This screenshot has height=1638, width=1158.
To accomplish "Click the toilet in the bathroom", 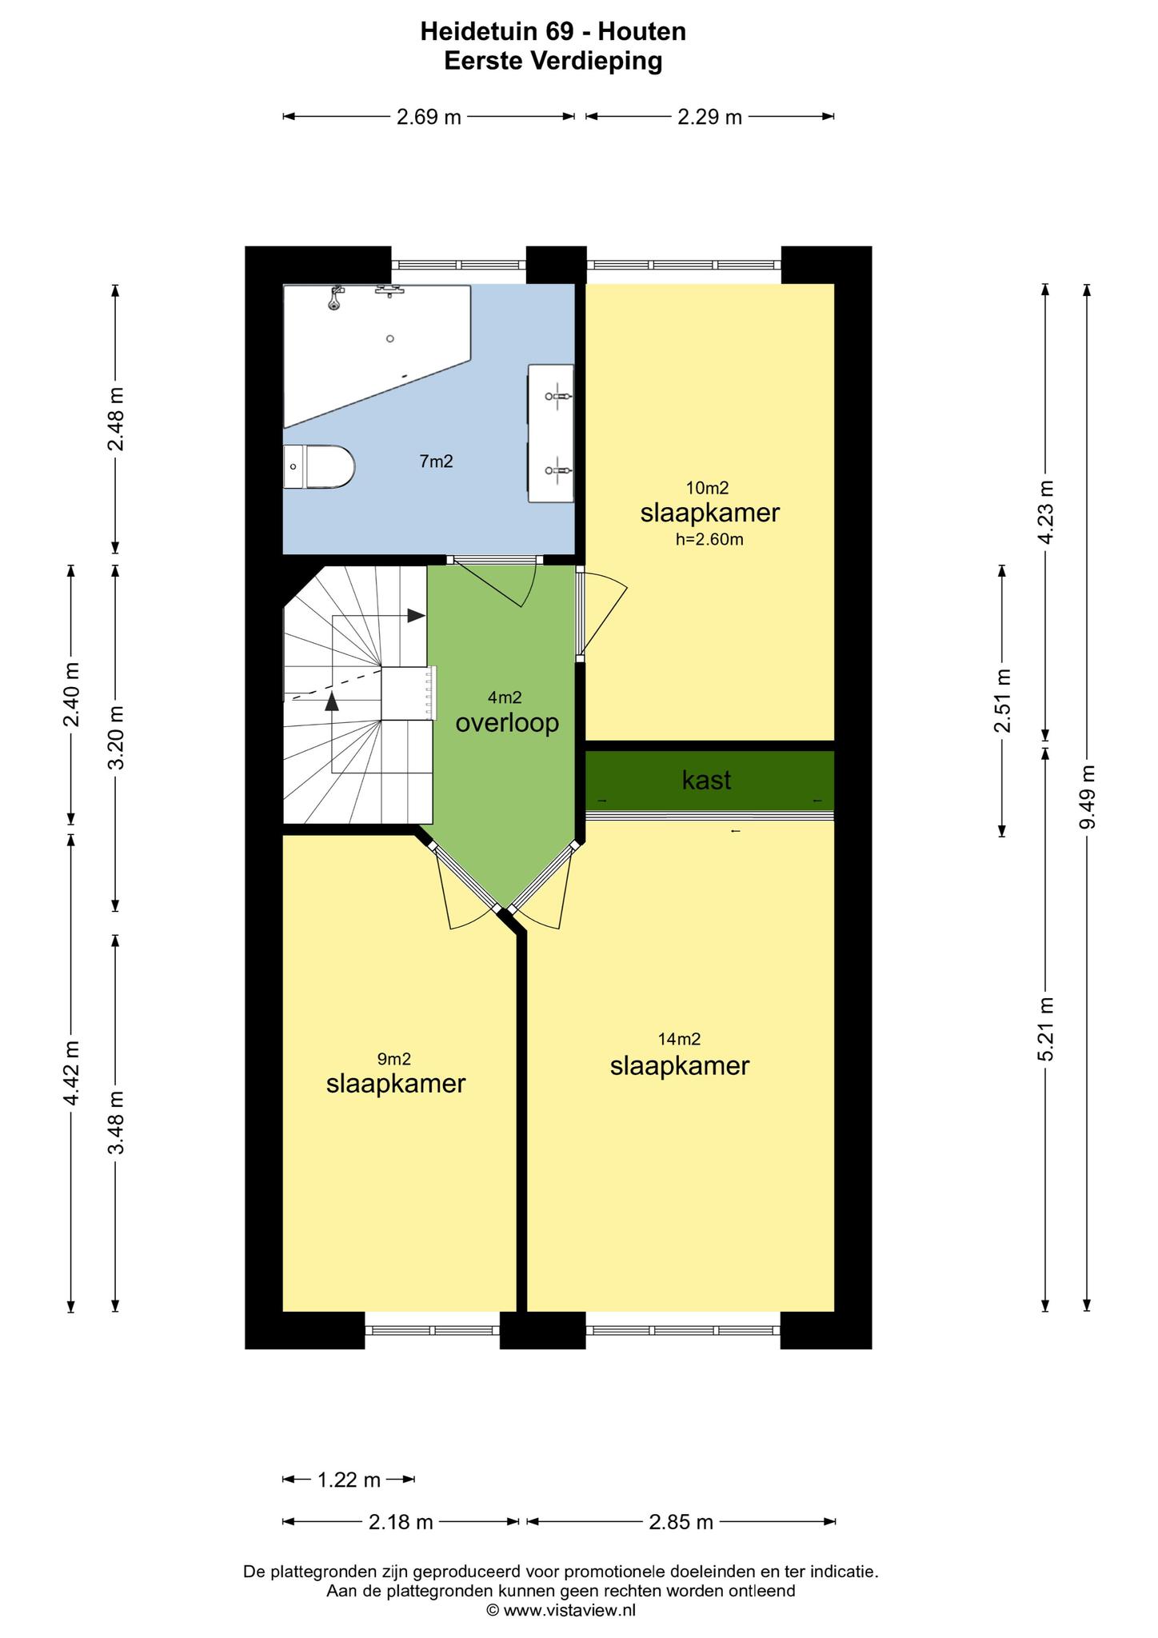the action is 318,466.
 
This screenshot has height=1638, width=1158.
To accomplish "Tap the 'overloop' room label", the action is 507,724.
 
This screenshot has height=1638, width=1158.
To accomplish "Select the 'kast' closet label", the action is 706,780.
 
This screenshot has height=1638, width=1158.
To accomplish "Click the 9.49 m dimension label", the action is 1087,797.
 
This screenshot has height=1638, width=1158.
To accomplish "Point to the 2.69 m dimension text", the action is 429,118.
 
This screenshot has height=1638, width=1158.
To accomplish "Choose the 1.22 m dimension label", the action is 349,1480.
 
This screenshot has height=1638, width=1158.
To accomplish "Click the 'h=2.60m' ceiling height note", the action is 709,539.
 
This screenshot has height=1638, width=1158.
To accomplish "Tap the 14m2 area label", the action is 679,1039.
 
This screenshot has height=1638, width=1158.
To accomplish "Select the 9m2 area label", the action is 394,1059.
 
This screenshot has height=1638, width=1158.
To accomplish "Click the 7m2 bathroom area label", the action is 437,461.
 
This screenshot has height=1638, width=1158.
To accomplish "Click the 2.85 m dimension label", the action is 681,1521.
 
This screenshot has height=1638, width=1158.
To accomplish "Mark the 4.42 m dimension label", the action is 71,1073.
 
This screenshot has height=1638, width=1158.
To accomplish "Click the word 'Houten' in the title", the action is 642,32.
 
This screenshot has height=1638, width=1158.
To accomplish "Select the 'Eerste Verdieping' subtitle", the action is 553,61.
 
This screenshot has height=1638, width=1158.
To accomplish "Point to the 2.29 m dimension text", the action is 710,118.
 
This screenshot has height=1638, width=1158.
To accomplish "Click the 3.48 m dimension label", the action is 116,1123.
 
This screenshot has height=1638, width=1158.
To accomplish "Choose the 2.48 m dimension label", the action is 116,418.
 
